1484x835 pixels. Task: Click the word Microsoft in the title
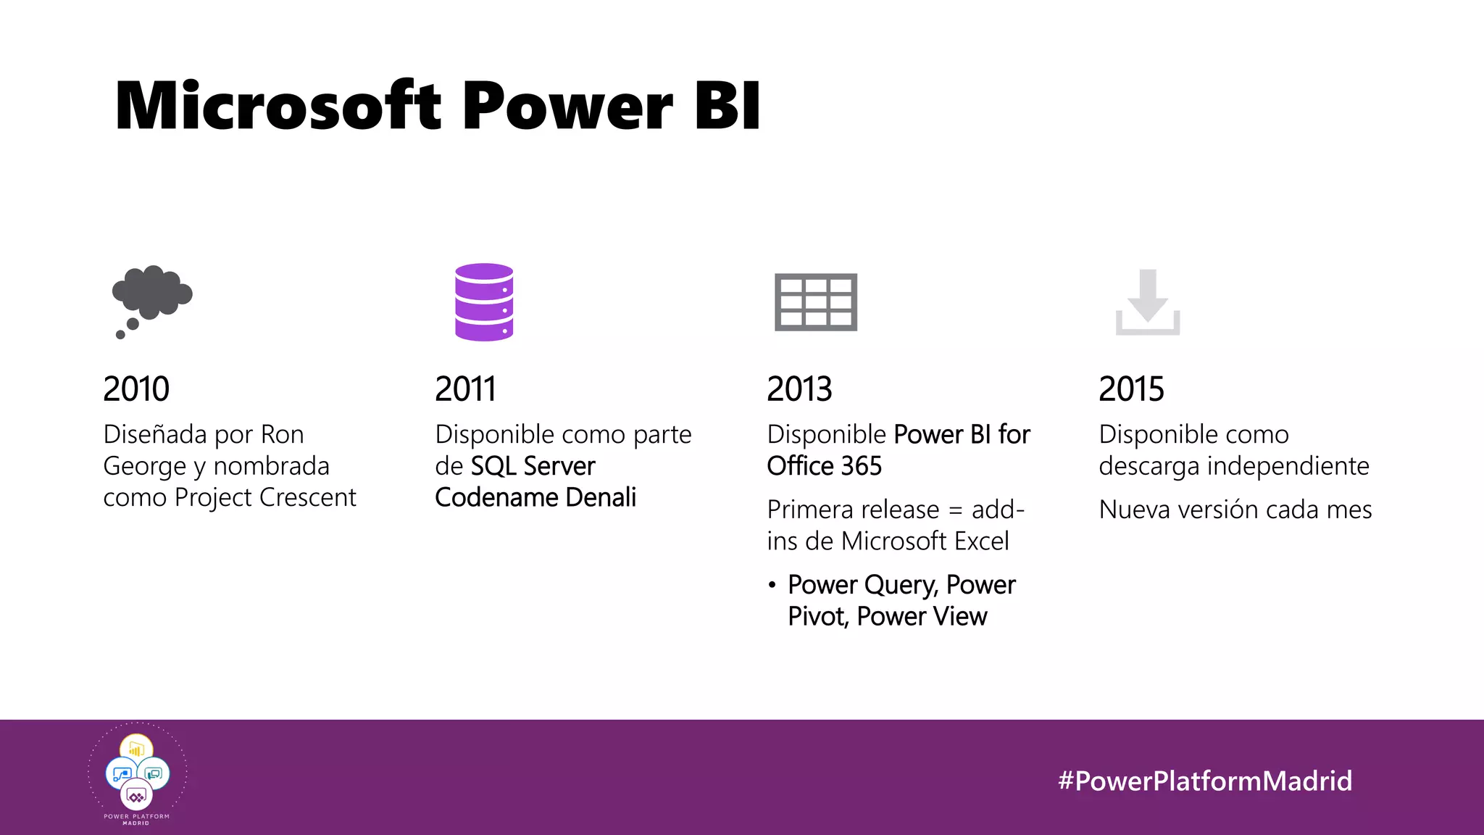pos(278,106)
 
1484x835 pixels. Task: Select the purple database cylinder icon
pos(484,302)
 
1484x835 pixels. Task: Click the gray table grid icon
pos(816,302)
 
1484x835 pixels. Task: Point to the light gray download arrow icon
pos(1148,302)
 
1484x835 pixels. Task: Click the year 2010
pos(136,389)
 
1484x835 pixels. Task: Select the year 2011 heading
pos(465,389)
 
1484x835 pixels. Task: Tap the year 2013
pos(799,389)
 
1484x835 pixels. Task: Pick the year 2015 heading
pos(1131,389)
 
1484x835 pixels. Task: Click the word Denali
pos(601,498)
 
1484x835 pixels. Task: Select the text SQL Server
pos(533,466)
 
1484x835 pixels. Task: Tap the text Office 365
pos(824,466)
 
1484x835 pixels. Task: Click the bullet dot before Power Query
pos(772,585)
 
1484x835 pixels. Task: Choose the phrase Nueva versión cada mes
pos(1235,510)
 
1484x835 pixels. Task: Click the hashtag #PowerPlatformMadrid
pos(1204,781)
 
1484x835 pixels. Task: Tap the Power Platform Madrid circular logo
pos(137,774)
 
